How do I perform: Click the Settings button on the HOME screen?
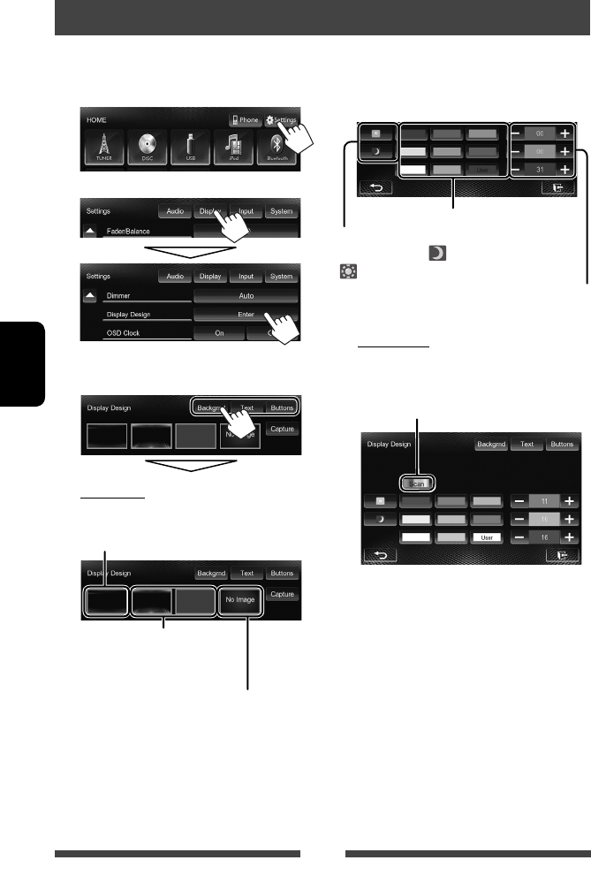click(x=282, y=121)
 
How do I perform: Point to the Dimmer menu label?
click(x=119, y=296)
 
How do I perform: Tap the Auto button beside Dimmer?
click(x=245, y=296)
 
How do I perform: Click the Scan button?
click(x=416, y=484)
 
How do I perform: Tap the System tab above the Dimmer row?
click(x=282, y=277)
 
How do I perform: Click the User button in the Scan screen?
click(x=488, y=537)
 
